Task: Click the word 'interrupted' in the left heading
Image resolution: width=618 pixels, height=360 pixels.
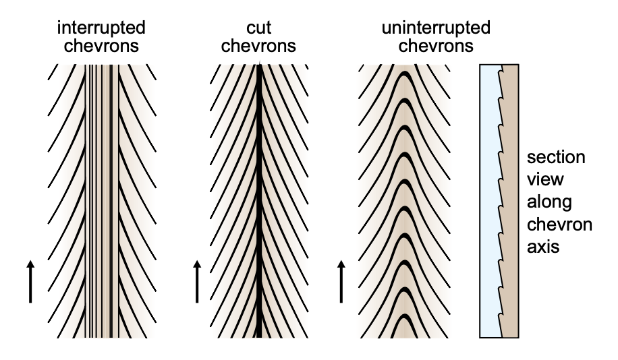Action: click(x=101, y=28)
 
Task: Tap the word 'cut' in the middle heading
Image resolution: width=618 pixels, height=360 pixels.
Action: click(x=259, y=28)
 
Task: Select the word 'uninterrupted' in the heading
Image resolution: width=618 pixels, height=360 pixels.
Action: click(x=435, y=28)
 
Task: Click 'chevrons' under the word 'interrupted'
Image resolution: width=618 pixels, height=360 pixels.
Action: click(x=101, y=47)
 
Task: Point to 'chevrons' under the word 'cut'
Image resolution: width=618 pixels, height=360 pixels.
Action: click(x=259, y=47)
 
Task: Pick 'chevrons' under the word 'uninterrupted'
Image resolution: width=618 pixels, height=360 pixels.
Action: click(x=435, y=47)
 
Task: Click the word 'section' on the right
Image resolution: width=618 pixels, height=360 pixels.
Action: click(x=556, y=158)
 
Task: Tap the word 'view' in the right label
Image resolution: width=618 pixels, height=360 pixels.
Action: click(x=543, y=180)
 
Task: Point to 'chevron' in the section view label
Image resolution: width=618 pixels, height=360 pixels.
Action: click(x=559, y=224)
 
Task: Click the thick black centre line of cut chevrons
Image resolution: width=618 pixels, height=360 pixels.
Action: click(x=260, y=202)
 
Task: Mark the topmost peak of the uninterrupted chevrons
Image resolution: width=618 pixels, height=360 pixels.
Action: click(x=403, y=75)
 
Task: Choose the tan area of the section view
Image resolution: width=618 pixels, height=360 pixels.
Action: click(x=511, y=202)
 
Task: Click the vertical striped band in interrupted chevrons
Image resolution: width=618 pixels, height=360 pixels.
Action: click(x=104, y=202)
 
